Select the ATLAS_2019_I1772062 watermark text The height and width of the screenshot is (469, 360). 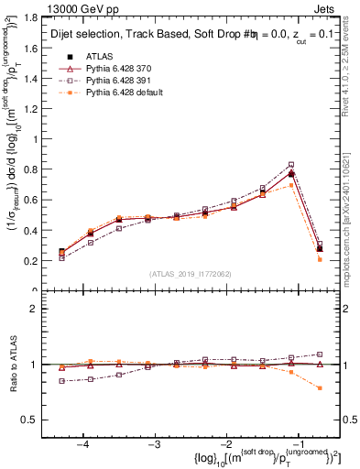(x=191, y=275)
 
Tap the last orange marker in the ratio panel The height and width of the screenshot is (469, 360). (x=319, y=388)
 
